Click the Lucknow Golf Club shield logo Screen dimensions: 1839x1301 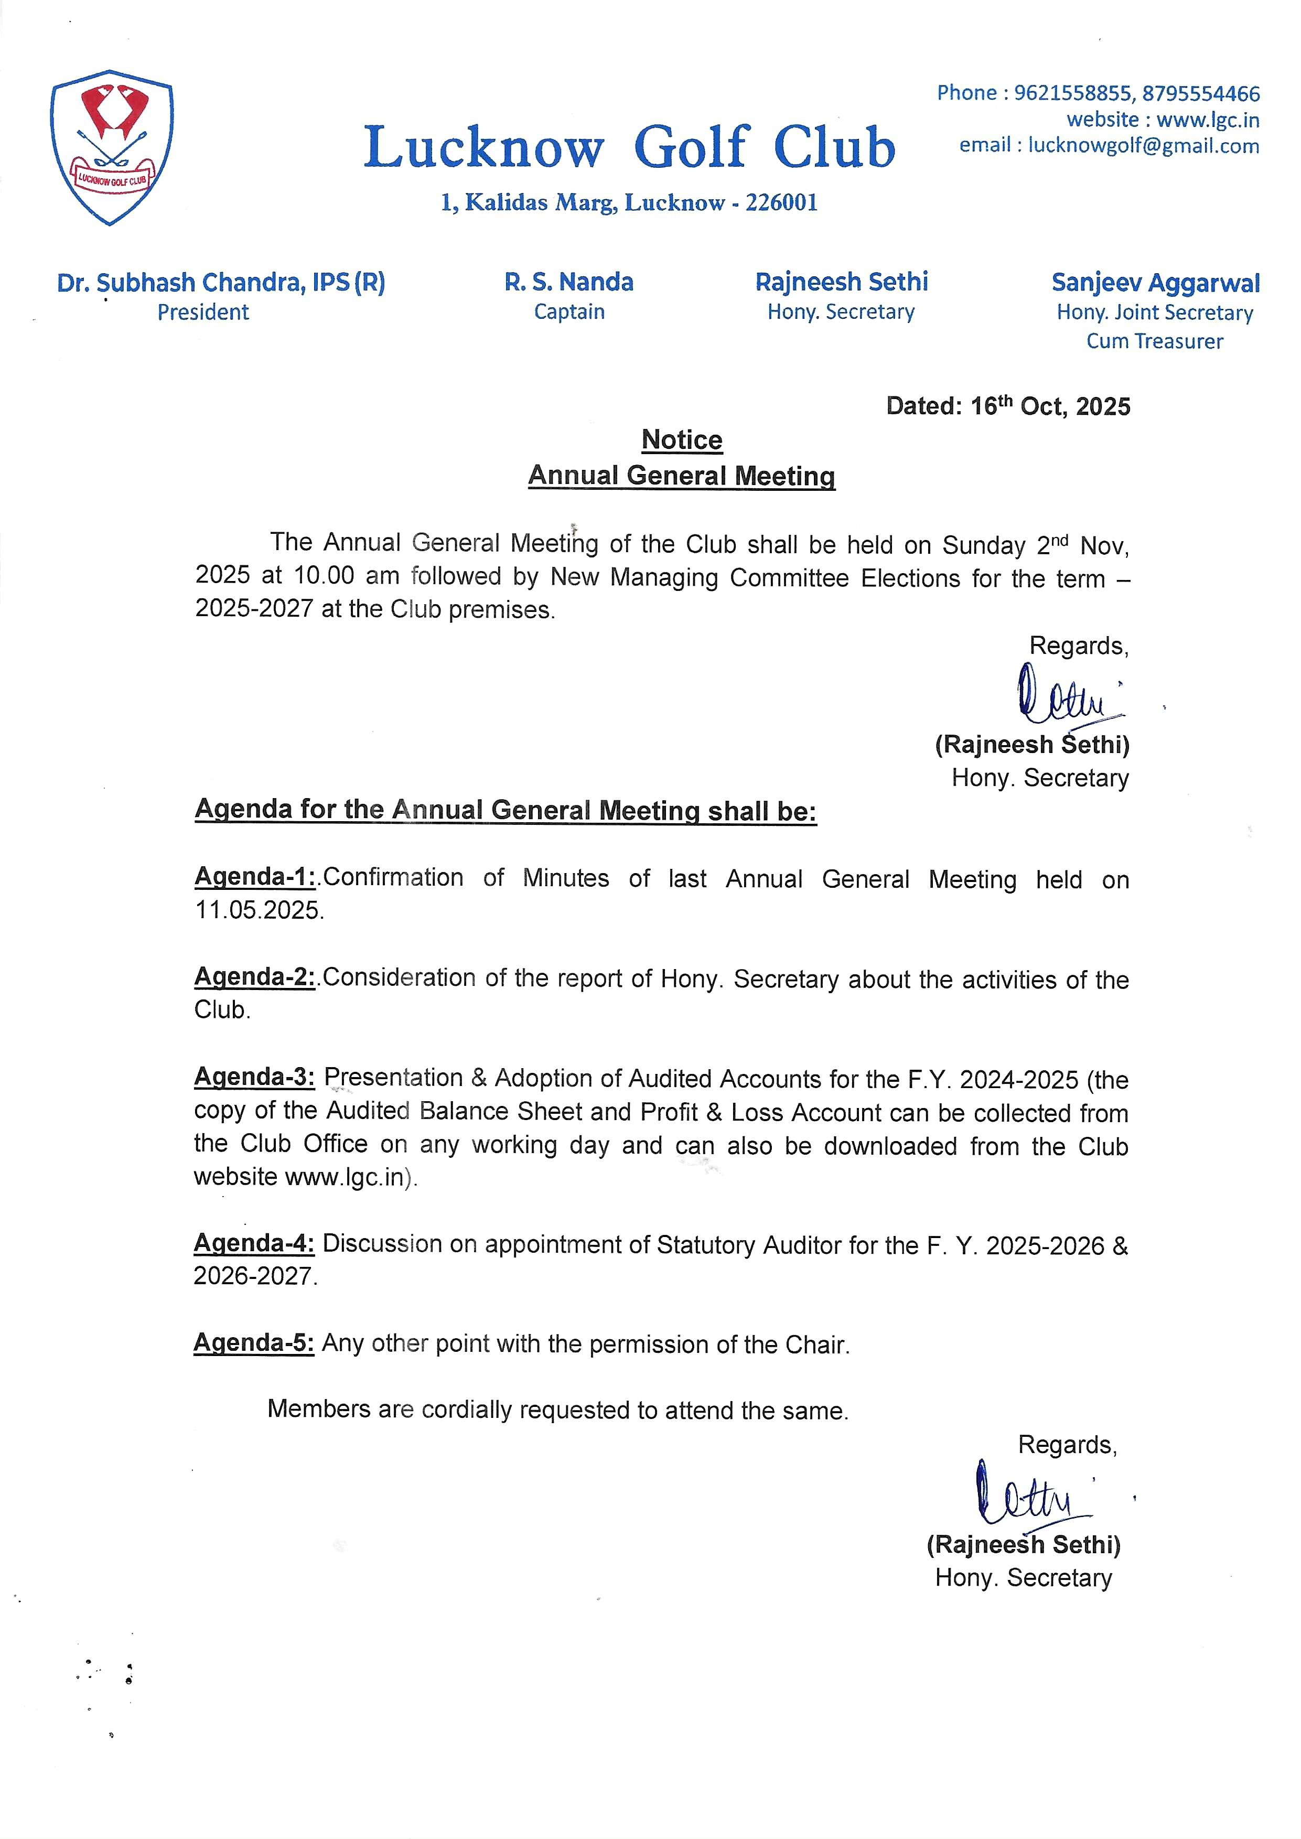[x=111, y=147]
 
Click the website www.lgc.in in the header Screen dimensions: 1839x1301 [x=1208, y=120]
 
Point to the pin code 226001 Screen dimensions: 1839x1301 [x=781, y=202]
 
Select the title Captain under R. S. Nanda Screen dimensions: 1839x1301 [x=569, y=311]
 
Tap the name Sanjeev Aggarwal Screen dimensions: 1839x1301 [x=1155, y=283]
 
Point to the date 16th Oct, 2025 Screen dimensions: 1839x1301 [x=1050, y=406]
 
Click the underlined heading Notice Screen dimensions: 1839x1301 [x=682, y=440]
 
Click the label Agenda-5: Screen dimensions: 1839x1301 [x=254, y=1342]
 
